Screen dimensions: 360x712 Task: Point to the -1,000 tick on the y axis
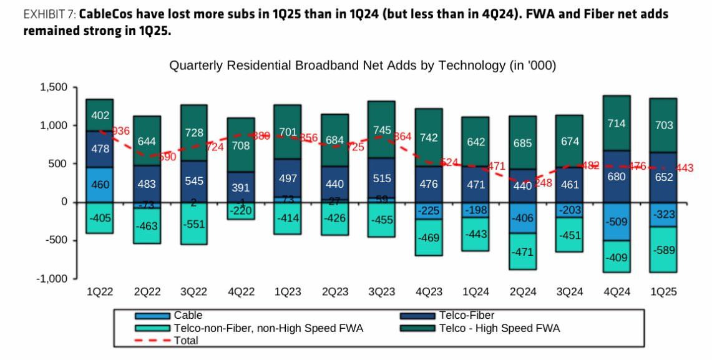coord(51,278)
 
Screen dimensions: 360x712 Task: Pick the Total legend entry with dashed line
coord(185,340)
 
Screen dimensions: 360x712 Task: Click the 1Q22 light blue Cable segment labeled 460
coord(99,185)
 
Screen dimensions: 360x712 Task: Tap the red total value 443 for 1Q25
coord(685,168)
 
